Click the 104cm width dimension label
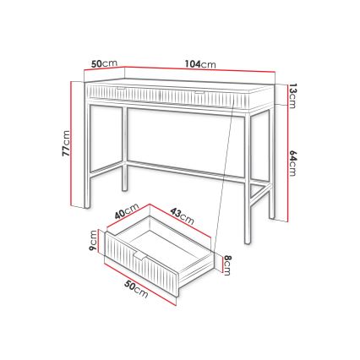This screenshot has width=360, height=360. point(200,63)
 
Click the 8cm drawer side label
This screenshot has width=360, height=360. point(227,265)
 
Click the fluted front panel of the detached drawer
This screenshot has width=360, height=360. point(139,265)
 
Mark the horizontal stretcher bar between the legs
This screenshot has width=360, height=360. point(186,166)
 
